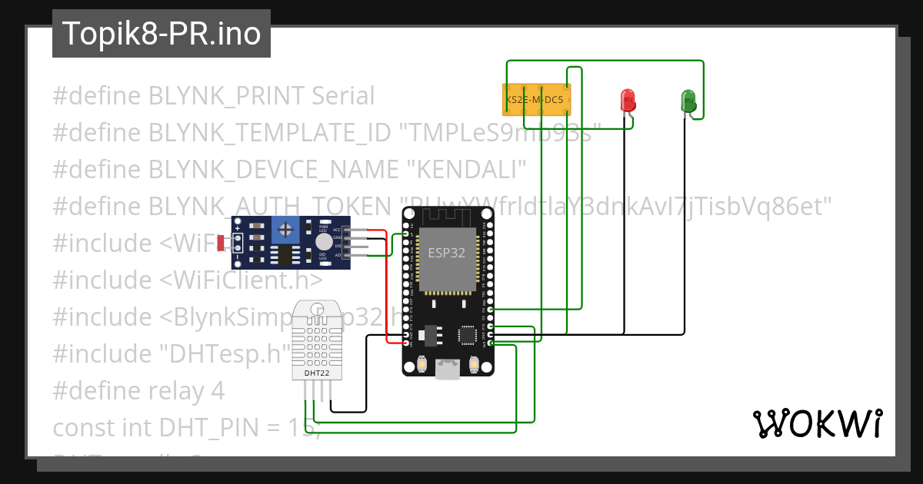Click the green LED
[x=688, y=101]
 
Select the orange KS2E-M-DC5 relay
[x=536, y=100]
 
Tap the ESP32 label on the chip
[x=447, y=253]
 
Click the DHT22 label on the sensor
[x=318, y=373]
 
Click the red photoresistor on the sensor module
[x=222, y=244]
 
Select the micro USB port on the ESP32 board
[x=447, y=370]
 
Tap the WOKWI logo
[x=816, y=423]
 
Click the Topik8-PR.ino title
[x=162, y=34]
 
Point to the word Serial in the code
[x=343, y=96]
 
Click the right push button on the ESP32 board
[x=474, y=365]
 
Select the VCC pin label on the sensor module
[x=337, y=230]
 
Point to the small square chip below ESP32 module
[x=467, y=335]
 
